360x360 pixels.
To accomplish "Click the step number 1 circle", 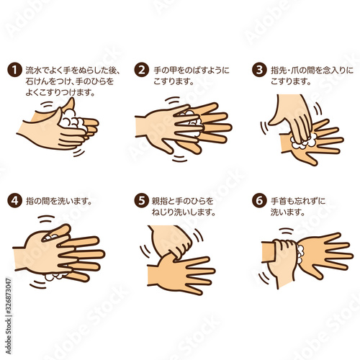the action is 15,70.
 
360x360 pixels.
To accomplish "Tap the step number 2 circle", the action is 142,70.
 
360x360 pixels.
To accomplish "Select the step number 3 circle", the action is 259,70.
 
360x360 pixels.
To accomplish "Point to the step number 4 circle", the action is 15,200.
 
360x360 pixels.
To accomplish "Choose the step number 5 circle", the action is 142,200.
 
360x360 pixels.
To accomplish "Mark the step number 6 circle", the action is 259,200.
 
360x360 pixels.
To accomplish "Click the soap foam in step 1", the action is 72,121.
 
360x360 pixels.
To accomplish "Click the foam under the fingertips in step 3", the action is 303,141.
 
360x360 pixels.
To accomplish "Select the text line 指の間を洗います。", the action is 59,201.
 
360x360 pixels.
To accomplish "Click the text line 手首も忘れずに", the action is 298,201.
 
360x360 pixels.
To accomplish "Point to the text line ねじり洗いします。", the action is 184,212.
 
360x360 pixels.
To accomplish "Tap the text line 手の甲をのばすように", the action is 192,71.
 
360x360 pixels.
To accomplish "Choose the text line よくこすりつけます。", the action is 60,92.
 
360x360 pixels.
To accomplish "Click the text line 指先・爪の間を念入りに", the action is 312,71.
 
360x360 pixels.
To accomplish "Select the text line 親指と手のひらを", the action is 182,201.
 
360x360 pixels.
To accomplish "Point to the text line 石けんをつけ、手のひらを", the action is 70,81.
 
